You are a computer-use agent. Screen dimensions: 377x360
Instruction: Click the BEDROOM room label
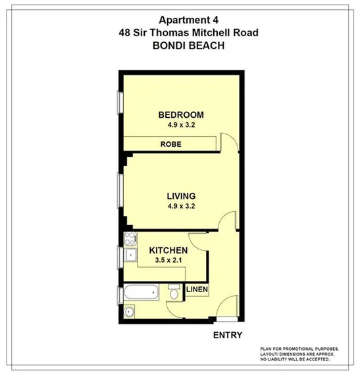point(180,115)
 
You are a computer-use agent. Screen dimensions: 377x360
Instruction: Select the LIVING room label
point(180,196)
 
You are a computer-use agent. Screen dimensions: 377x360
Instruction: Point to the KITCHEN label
point(168,251)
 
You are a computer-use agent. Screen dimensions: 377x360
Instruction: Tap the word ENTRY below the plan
point(228,335)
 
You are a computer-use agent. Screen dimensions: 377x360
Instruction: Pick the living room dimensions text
point(180,206)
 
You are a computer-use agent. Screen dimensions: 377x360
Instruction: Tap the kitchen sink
point(130,255)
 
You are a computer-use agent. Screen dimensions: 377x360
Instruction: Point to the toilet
point(174,290)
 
